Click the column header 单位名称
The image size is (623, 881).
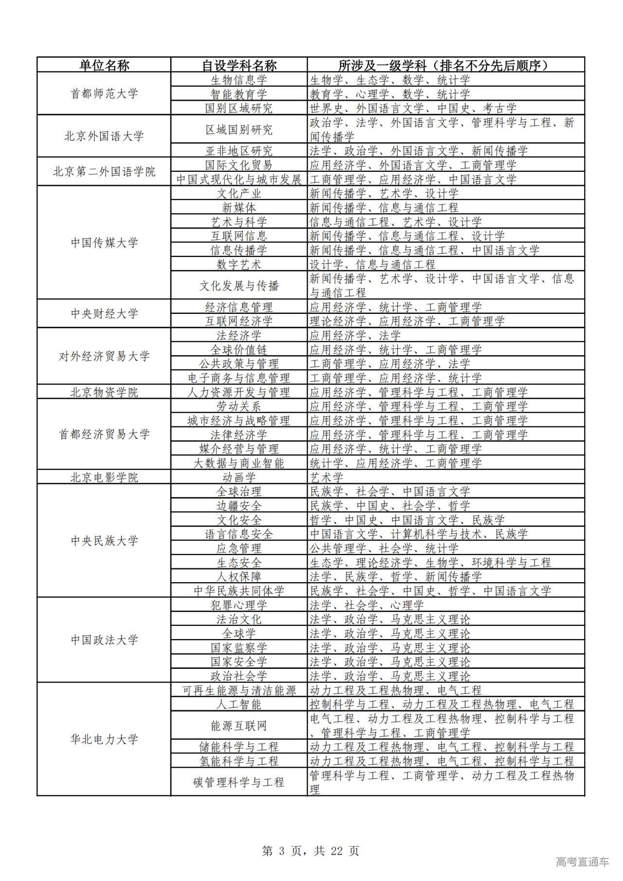(104, 65)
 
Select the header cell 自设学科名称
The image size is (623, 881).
(239, 65)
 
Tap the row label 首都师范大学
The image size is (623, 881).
(104, 93)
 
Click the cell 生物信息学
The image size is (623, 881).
(239, 80)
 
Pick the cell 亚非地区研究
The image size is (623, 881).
(239, 151)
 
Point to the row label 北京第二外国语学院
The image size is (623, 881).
(104, 171)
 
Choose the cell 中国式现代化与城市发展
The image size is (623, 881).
(239, 179)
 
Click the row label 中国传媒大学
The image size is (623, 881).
(104, 242)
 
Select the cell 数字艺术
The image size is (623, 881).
(239, 264)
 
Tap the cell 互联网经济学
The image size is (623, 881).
(239, 321)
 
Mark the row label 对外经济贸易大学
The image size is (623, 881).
(104, 356)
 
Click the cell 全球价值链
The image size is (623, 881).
(239, 349)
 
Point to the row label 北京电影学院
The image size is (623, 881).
(104, 477)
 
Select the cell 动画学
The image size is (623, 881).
(239, 477)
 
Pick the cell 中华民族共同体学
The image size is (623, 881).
(239, 590)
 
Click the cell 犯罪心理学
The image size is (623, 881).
(239, 605)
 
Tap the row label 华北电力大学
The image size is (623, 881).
(104, 739)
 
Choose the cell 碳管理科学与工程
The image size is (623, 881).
(239, 782)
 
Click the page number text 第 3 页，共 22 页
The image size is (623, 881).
(311, 850)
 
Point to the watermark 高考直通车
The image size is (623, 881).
(582, 862)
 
